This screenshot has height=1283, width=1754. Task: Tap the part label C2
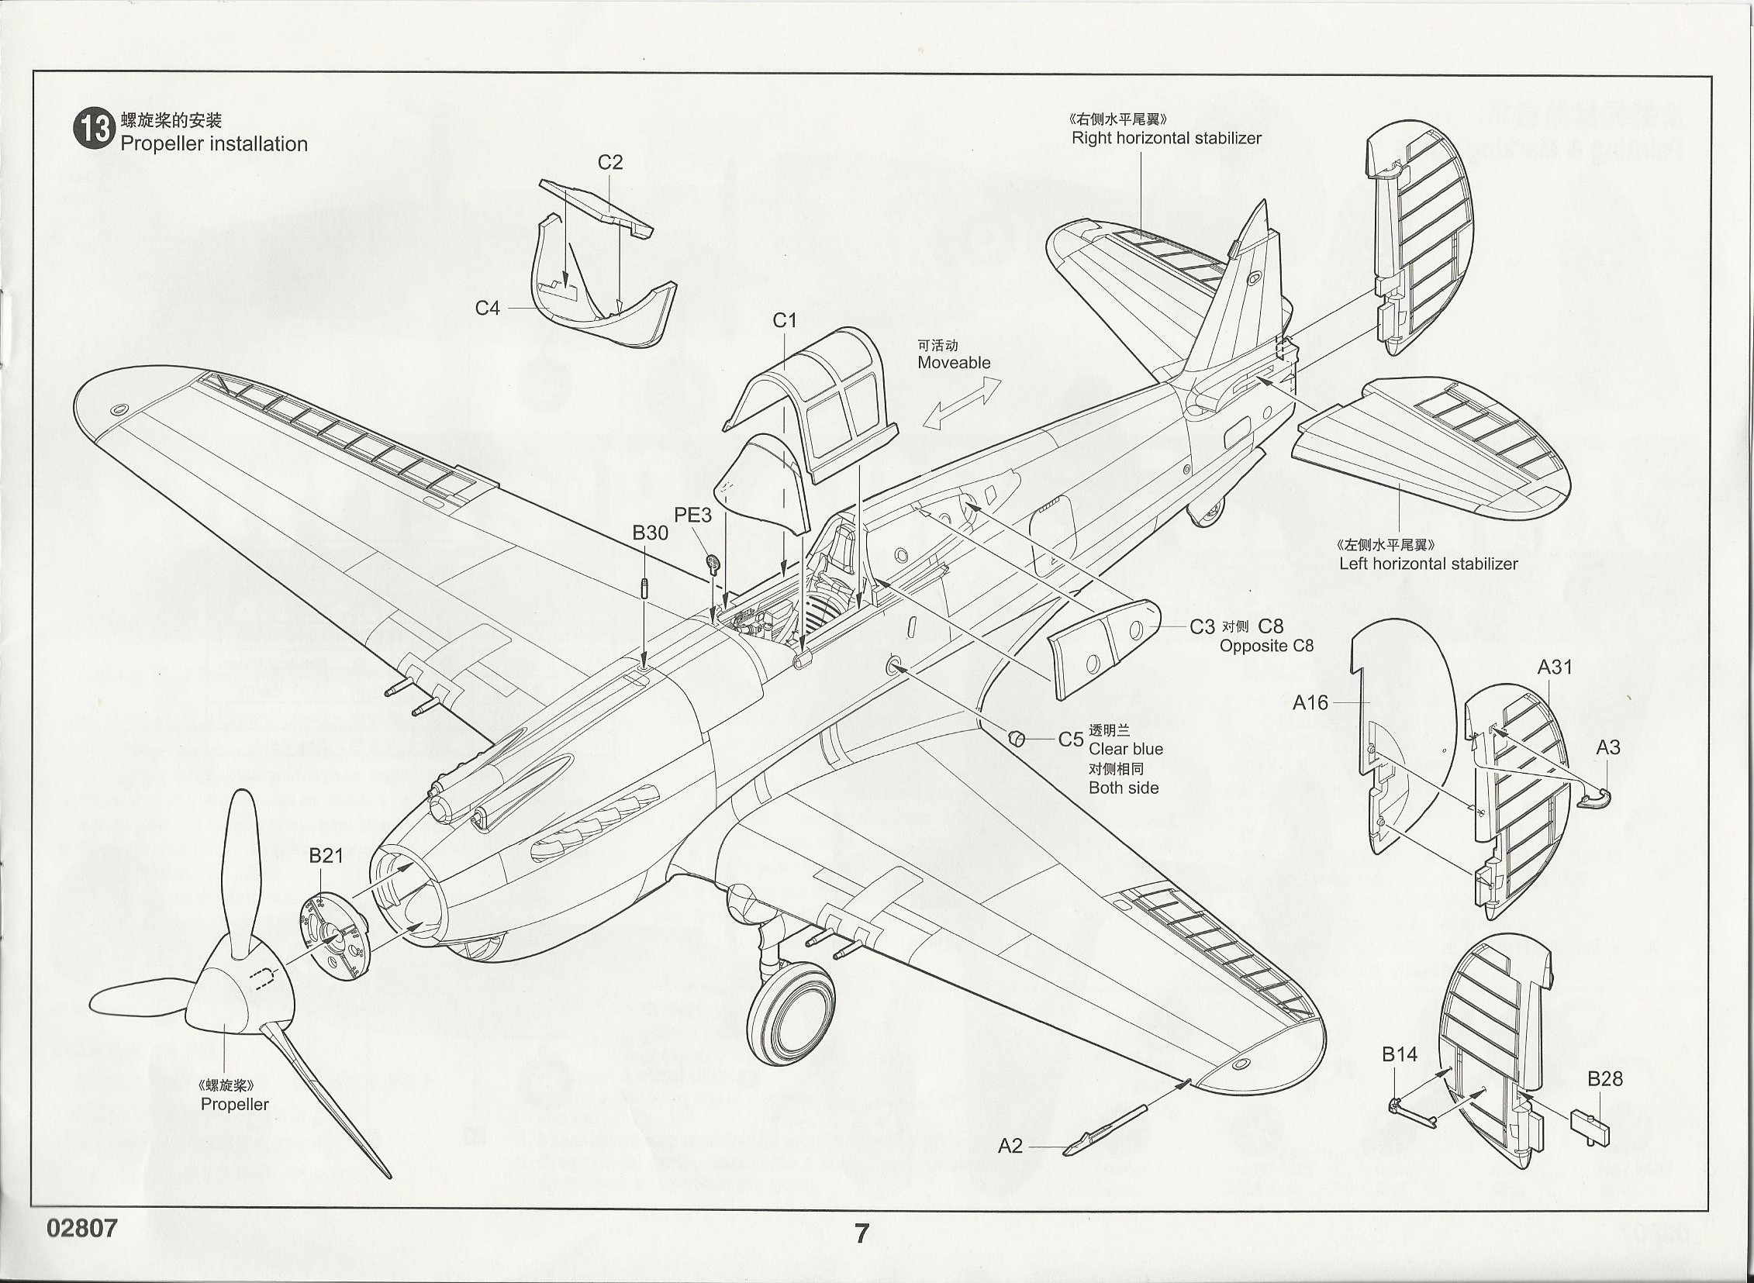609,162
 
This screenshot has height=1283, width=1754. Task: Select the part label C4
487,309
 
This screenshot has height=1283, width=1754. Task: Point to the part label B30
649,533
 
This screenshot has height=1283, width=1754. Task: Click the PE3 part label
692,515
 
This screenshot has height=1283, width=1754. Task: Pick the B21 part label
326,856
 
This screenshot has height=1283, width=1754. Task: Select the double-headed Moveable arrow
962,403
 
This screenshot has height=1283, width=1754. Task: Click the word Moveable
954,363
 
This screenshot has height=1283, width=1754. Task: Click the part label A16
1310,703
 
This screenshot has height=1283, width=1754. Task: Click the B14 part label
1399,1054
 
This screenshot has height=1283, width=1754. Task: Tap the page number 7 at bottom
861,1233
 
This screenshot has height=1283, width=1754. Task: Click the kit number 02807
81,1228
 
